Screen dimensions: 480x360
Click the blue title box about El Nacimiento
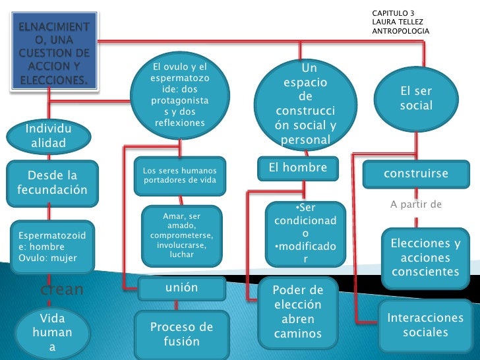54,51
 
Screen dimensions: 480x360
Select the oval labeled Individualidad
49,136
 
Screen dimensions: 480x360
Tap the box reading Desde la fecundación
52,183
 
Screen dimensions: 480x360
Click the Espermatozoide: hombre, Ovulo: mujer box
52,247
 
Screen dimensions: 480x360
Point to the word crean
62,289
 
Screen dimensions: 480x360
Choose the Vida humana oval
52,333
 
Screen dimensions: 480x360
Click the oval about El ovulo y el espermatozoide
180,95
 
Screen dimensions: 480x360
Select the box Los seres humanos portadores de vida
180,175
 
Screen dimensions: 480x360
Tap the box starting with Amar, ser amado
181,236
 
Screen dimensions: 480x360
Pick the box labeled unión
182,288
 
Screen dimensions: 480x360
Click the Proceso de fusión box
182,334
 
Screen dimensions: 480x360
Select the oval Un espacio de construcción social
305,104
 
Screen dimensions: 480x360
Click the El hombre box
298,168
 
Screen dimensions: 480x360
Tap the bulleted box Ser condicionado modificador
305,233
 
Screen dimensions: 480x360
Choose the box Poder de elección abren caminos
298,313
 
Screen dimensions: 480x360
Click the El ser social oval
416,99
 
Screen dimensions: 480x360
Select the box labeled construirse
416,174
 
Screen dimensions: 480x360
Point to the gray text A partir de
416,204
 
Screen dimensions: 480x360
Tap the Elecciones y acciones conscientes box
425,258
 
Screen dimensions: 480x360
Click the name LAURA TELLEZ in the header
398,22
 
